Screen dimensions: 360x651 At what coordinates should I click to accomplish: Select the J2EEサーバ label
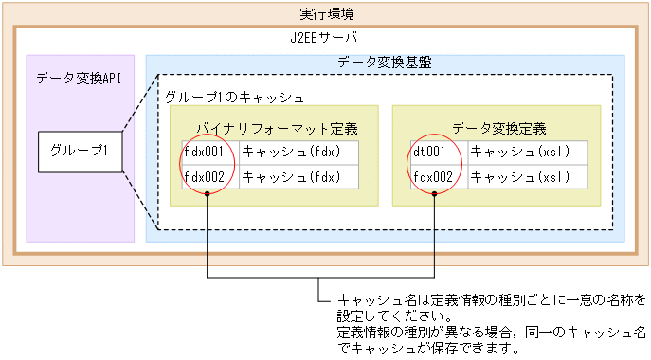pyautogui.click(x=325, y=39)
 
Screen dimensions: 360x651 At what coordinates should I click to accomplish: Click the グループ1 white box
pyautogui.click(x=80, y=151)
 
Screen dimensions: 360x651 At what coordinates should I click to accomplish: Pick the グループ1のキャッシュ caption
pyautogui.click(x=234, y=98)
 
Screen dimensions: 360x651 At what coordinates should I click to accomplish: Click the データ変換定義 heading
pyautogui.click(x=499, y=128)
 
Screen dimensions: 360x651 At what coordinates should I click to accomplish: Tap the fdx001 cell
pyautogui.click(x=205, y=152)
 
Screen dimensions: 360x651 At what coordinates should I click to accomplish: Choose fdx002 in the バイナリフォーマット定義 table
pyautogui.click(x=205, y=176)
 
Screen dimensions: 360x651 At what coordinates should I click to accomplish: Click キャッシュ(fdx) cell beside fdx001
pyautogui.click(x=290, y=152)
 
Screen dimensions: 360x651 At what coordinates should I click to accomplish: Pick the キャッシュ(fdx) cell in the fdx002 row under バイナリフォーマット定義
pyautogui.click(x=290, y=176)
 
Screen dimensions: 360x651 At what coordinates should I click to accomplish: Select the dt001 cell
pyautogui.click(x=431, y=152)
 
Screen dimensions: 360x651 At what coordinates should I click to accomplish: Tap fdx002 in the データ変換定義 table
pyautogui.click(x=434, y=176)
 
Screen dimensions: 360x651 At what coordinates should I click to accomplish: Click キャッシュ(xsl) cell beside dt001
pyautogui.click(x=519, y=152)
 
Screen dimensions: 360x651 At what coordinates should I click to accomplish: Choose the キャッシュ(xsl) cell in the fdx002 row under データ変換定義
pyautogui.click(x=519, y=176)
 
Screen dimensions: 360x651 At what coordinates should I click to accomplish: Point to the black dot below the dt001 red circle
pyautogui.click(x=435, y=196)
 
